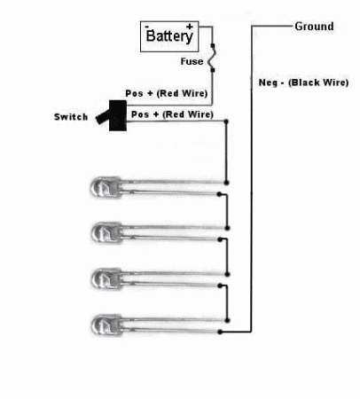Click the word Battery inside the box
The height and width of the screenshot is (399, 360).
[x=169, y=36]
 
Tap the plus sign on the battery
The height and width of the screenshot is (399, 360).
[x=190, y=27]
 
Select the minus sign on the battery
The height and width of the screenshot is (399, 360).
[x=147, y=27]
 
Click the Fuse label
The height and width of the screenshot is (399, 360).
[x=192, y=61]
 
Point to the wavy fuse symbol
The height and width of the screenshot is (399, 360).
[x=212, y=58]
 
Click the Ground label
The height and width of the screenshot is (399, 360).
[x=315, y=27]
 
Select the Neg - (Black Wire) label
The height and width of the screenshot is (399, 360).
[x=303, y=82]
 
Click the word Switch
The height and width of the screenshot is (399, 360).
[x=71, y=117]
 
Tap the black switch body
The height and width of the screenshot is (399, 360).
[x=118, y=115]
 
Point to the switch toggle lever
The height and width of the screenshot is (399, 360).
[x=103, y=117]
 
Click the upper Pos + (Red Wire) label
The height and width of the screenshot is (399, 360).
[x=167, y=93]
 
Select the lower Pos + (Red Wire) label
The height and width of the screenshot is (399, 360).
[x=172, y=114]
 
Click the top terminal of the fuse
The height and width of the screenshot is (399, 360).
[x=213, y=46]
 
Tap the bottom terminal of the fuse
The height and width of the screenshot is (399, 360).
[x=213, y=70]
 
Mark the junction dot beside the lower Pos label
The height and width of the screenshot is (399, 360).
[x=226, y=121]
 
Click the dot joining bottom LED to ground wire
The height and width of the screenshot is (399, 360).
[x=220, y=332]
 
